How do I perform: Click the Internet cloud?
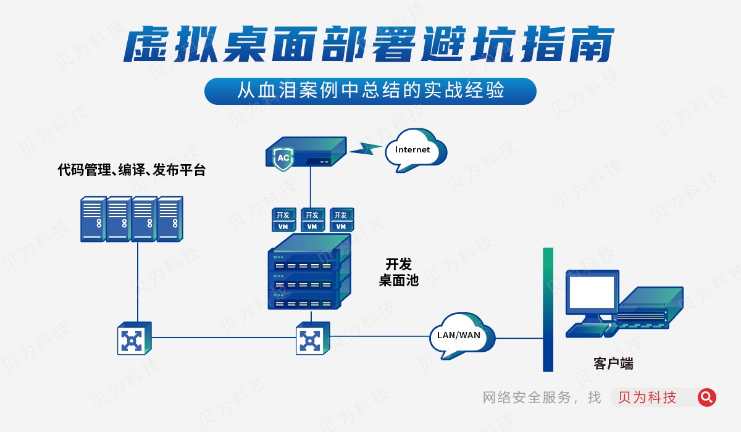coord(414,149)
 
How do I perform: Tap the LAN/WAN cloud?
coord(459,335)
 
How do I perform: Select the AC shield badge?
coord(283,158)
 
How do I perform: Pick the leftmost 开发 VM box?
coord(283,220)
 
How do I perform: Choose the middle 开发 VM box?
coord(312,220)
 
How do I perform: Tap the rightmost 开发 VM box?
coord(340,220)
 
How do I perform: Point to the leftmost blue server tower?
coord(93,219)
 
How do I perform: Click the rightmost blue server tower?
coord(170,219)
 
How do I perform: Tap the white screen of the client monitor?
coord(592,292)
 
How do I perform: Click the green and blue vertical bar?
coord(548,309)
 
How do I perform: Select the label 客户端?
coord(613,363)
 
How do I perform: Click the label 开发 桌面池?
coord(398,272)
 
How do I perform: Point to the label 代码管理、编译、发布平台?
coord(132,170)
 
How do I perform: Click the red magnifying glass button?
coord(706,397)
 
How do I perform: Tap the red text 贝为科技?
coord(647,397)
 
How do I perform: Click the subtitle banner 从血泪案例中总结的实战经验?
coord(371,91)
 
